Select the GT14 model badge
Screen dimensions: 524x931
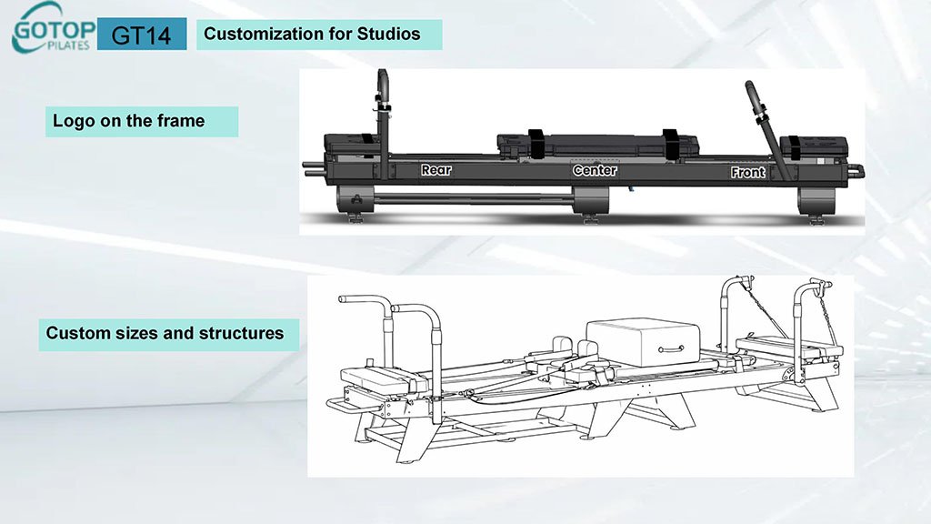pos(141,35)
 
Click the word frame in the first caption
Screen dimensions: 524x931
pos(181,120)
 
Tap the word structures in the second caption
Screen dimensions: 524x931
pos(240,333)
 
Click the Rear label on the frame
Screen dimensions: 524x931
pos(435,170)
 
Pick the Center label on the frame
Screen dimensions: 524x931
pos(595,170)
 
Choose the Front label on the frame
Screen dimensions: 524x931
pos(748,171)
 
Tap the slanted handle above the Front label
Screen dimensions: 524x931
pos(760,109)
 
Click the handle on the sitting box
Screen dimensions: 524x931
pos(673,348)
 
